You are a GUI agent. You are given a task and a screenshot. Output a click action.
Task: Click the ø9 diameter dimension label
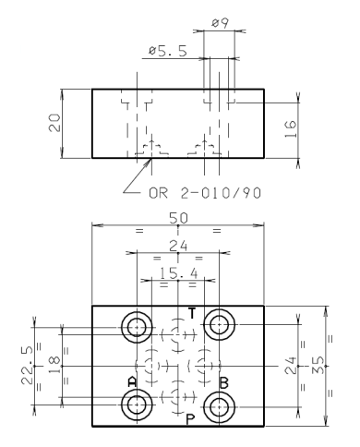pyautogui.click(x=220, y=23)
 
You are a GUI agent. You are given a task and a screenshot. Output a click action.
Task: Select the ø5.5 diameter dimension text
pyautogui.click(x=168, y=51)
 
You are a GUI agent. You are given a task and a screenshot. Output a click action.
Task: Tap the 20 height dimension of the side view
pyautogui.click(x=54, y=123)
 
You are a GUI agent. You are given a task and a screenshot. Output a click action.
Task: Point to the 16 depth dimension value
pyautogui.click(x=290, y=129)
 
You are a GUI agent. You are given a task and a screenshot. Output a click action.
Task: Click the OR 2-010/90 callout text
pyautogui.click(x=205, y=193)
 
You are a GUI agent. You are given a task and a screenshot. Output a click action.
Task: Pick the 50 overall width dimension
pyautogui.click(x=178, y=218)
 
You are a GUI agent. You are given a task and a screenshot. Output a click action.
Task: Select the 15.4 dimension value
pyautogui.click(x=179, y=272)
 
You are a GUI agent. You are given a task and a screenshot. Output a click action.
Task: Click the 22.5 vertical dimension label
pyautogui.click(x=27, y=366)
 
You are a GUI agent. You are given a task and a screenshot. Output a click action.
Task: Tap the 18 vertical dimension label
pyautogui.click(x=54, y=365)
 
